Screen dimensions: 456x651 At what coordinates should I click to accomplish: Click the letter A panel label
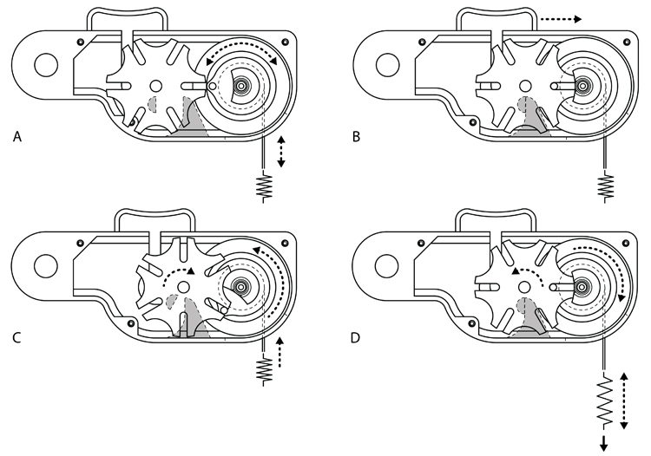point(18,136)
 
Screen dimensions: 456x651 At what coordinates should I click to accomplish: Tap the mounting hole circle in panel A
point(44,63)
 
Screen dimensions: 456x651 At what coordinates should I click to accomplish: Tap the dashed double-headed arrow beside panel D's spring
point(625,401)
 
